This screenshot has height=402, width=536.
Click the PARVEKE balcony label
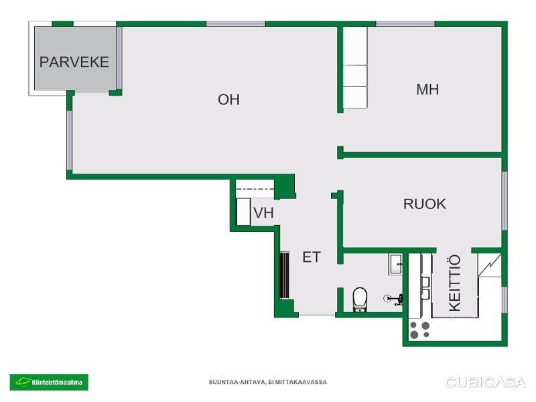(74, 62)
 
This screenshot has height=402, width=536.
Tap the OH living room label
(228, 99)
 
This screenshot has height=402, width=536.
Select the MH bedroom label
(427, 89)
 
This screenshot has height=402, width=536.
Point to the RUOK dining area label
(425, 204)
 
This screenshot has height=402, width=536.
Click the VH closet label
(263, 212)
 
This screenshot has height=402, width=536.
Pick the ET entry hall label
(312, 257)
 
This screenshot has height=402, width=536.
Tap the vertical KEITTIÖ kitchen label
(455, 283)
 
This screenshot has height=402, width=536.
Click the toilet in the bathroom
(360, 299)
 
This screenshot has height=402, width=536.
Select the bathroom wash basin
(395, 264)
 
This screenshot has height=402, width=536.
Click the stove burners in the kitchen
(419, 330)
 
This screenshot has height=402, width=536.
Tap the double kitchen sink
(425, 288)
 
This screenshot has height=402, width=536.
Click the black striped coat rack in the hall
(285, 275)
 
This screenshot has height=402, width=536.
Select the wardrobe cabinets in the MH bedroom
(355, 68)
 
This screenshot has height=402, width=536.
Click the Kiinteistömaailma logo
(49, 382)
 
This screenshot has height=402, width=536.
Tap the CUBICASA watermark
(485, 382)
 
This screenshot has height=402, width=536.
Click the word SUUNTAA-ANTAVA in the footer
(237, 382)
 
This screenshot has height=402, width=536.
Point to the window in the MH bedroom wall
(405, 24)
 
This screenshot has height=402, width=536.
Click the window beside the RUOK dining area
(505, 200)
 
